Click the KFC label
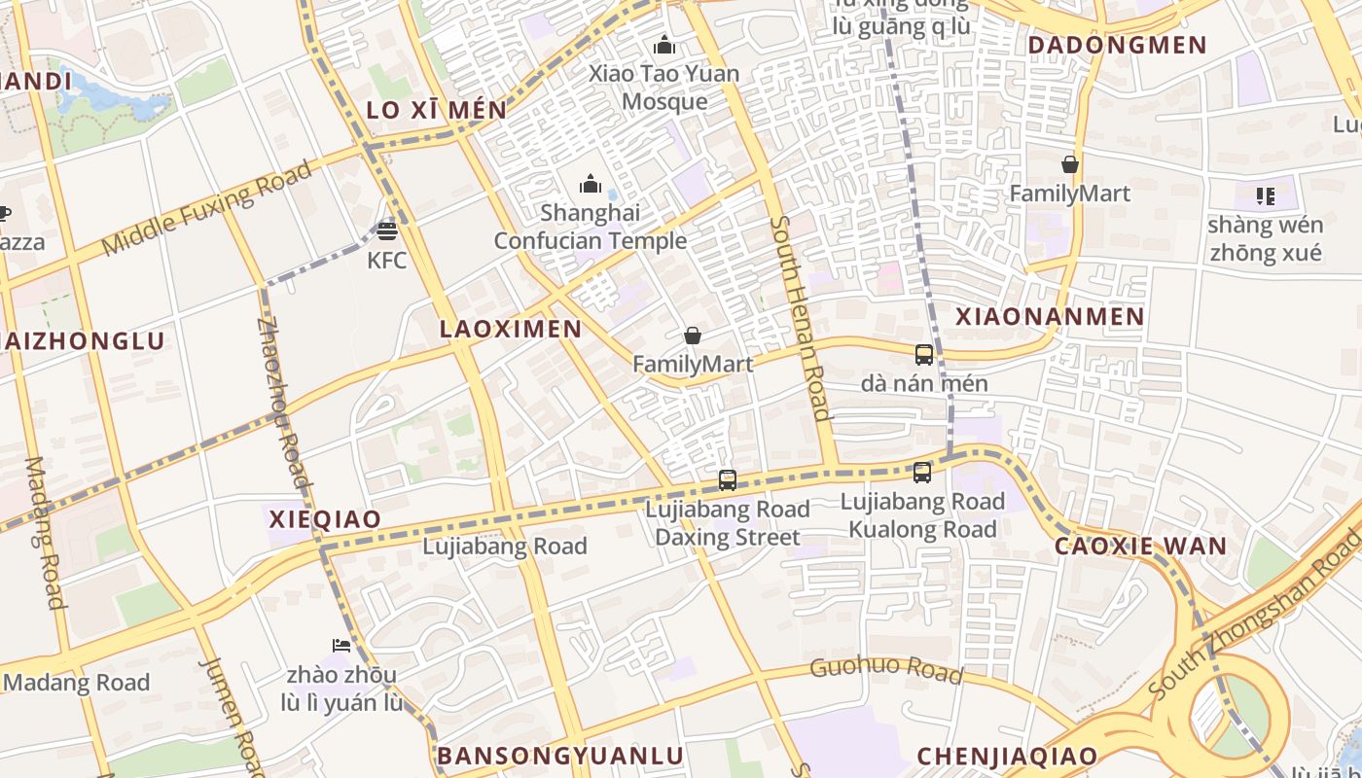pyautogui.click(x=386, y=261)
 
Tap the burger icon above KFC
pyautogui.click(x=387, y=231)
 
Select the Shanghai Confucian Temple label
pyautogui.click(x=591, y=227)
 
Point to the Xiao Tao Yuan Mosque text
pyautogui.click(x=665, y=88)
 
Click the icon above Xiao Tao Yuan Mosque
pyautogui.click(x=664, y=45)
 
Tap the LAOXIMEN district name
pyautogui.click(x=511, y=329)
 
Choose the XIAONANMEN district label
pyautogui.click(x=1050, y=316)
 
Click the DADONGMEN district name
pyautogui.click(x=1117, y=45)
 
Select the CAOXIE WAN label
pyautogui.click(x=1141, y=546)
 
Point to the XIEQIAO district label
pyautogui.click(x=325, y=519)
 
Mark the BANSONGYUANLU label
pyautogui.click(x=559, y=756)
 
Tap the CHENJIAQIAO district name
pyautogui.click(x=1007, y=756)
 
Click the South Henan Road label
pyautogui.click(x=802, y=318)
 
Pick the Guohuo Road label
pyautogui.click(x=886, y=670)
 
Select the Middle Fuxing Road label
pyautogui.click(x=207, y=209)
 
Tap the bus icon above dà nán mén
pyautogui.click(x=924, y=355)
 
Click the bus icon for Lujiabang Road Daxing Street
pyautogui.click(x=728, y=480)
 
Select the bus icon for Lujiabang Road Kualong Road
pyautogui.click(x=922, y=474)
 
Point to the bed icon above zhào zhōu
pyautogui.click(x=341, y=645)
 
